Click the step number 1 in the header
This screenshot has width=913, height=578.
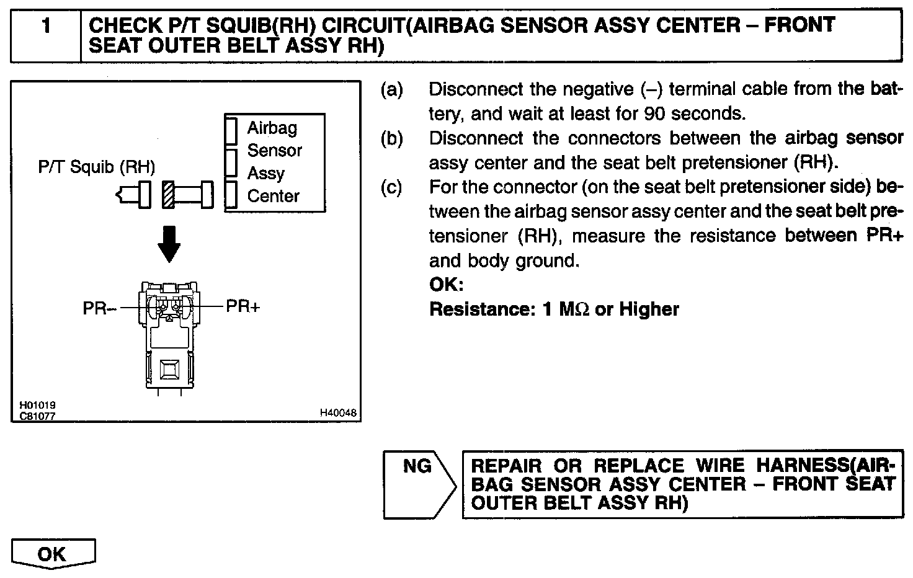click(45, 27)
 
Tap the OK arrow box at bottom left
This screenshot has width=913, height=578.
click(53, 553)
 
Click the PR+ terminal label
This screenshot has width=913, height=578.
click(243, 306)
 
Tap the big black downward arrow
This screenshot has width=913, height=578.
click(169, 243)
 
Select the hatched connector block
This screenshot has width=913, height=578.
click(168, 194)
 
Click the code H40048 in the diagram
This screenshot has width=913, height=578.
click(339, 412)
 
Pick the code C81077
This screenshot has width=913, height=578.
click(37, 416)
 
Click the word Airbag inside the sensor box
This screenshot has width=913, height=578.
click(272, 128)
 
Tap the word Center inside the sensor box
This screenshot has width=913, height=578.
click(274, 196)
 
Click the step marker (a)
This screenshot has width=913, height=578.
click(391, 90)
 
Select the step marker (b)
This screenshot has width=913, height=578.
click(391, 139)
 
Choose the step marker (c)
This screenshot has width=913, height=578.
click(391, 187)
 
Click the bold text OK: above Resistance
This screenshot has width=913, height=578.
click(447, 285)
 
